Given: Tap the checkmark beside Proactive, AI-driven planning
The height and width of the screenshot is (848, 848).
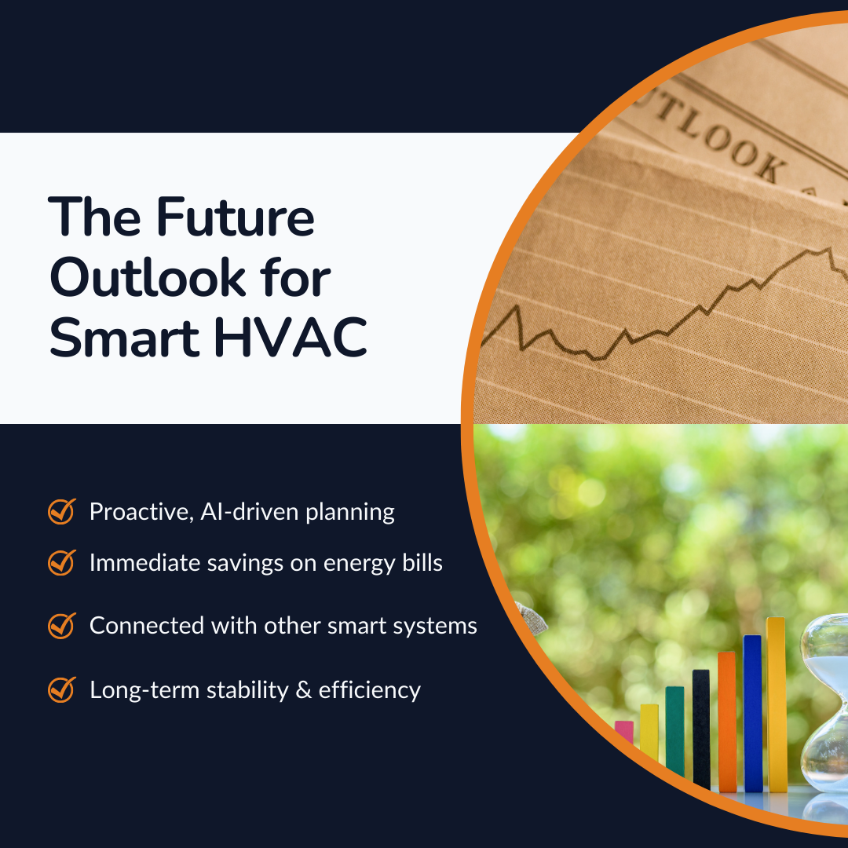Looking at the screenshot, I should [x=61, y=511].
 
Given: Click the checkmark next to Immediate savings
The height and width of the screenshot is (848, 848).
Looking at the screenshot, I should [x=61, y=562].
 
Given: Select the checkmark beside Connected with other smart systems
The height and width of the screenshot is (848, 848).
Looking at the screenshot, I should [x=61, y=625].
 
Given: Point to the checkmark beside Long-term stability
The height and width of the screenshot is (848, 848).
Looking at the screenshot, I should [x=61, y=689].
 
